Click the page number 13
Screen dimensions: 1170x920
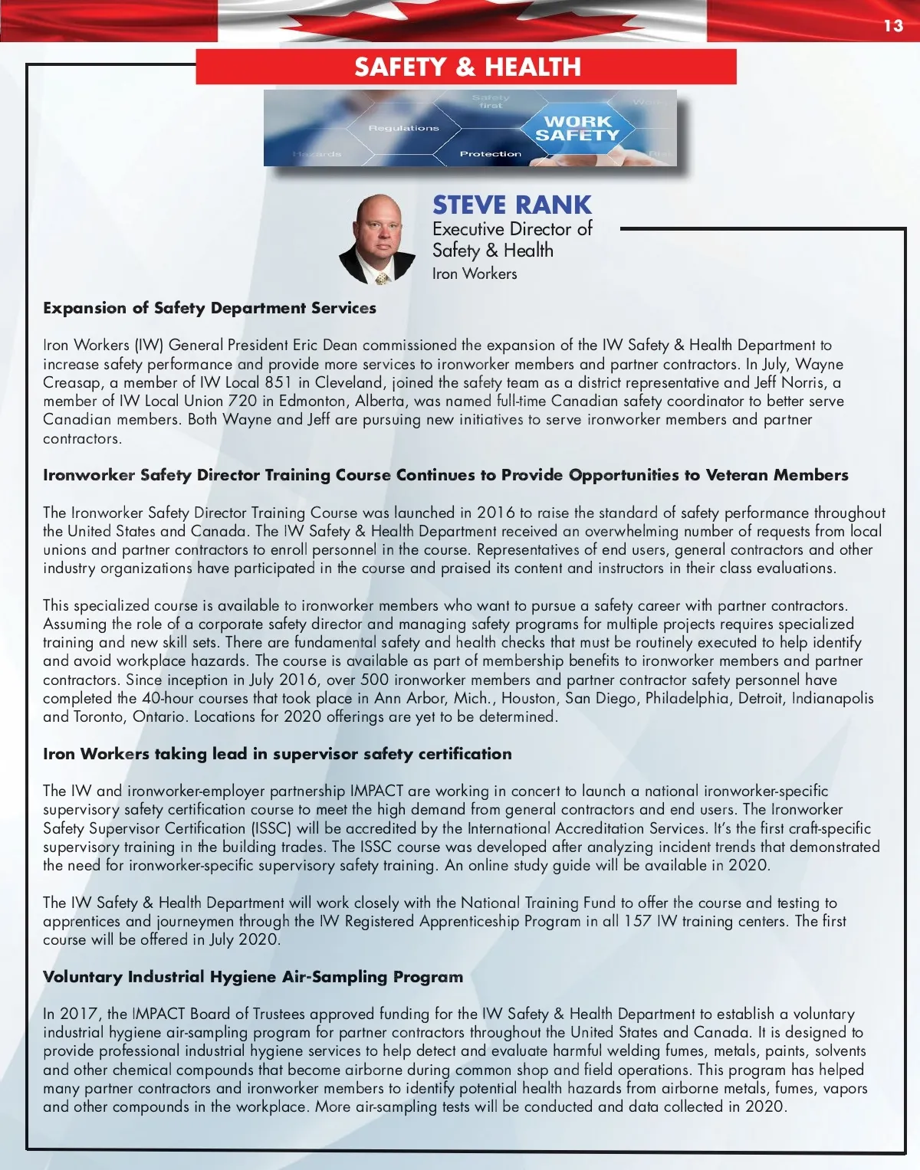[893, 26]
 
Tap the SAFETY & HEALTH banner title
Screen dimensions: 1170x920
[467, 67]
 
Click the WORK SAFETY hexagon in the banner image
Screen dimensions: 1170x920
[577, 129]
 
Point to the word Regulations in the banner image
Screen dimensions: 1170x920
[403, 128]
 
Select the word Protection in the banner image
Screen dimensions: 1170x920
[490, 154]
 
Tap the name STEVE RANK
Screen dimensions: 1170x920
[511, 205]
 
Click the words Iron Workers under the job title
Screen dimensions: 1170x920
[475, 274]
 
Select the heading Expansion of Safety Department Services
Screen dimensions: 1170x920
[209, 308]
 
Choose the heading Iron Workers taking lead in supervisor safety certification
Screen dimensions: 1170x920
[277, 754]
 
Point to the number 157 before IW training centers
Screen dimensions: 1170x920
[637, 921]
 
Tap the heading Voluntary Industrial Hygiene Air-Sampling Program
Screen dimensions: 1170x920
[253, 977]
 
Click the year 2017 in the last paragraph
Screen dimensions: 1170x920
[79, 1014]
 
